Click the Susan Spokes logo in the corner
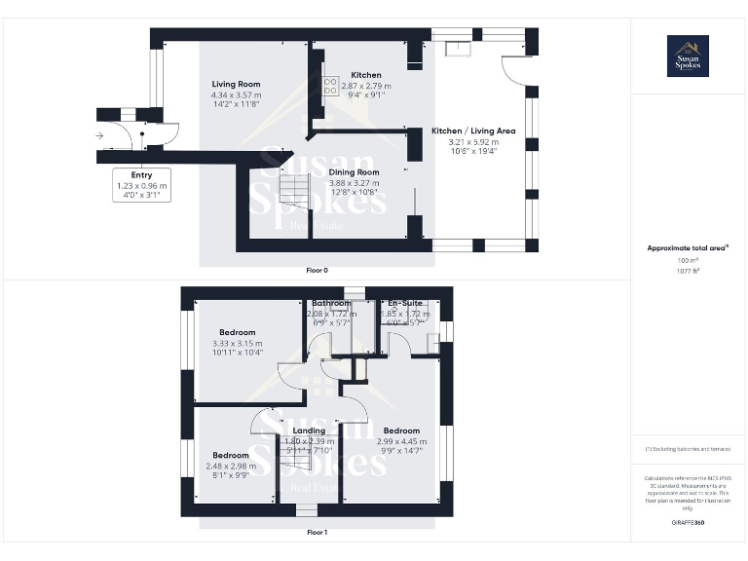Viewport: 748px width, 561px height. [x=688, y=56]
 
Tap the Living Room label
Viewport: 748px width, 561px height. [x=237, y=85]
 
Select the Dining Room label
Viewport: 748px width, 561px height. [x=354, y=172]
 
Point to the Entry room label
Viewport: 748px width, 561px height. [x=142, y=175]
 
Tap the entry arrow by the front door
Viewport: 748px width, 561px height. [x=100, y=136]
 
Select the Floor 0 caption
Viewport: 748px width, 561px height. [x=318, y=270]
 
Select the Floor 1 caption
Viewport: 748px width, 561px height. [x=318, y=533]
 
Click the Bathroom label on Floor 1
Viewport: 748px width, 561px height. [x=331, y=304]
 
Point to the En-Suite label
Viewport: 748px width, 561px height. [x=403, y=304]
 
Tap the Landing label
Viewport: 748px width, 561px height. [x=310, y=430]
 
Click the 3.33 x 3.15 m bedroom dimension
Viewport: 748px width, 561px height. [x=238, y=343]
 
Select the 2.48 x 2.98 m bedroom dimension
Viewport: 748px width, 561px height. [x=231, y=466]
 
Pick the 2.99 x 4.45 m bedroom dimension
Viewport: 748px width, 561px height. [x=401, y=440]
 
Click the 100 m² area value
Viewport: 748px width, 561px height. [x=688, y=261]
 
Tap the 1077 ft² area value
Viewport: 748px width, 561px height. [x=688, y=271]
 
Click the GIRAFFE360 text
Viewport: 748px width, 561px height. [x=688, y=524]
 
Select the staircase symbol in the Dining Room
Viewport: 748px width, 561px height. [x=293, y=185]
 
